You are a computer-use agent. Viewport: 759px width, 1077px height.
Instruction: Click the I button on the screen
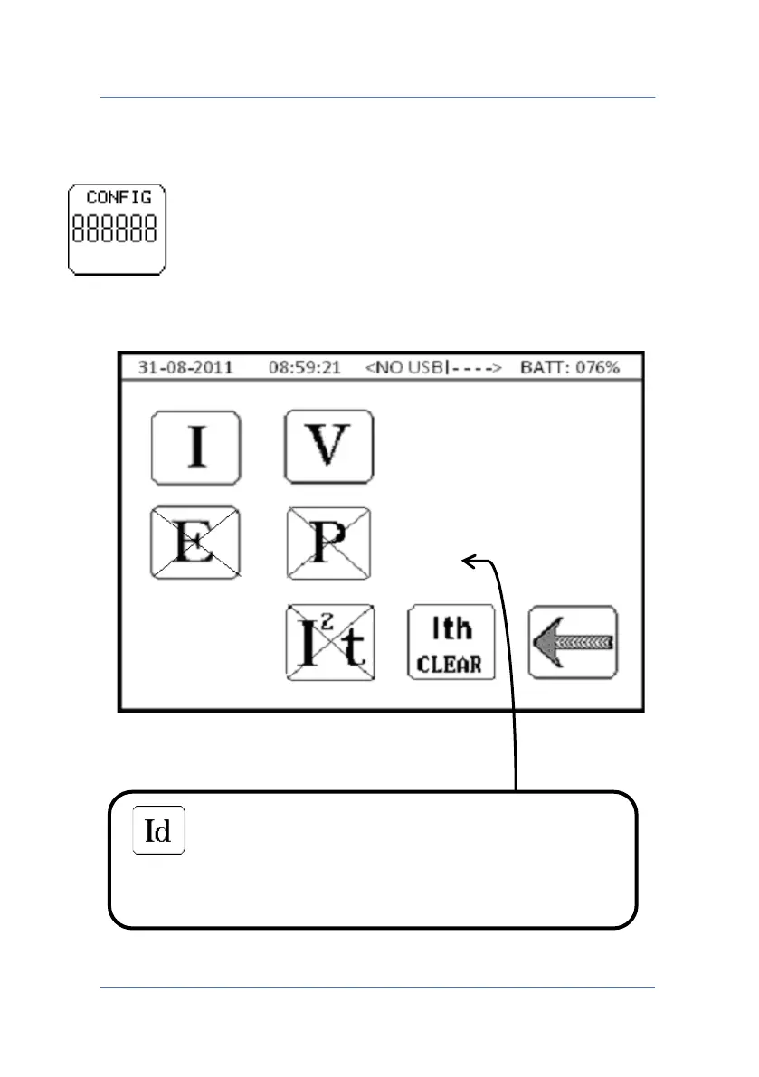click(195, 447)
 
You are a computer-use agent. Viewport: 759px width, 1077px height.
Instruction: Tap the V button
click(329, 447)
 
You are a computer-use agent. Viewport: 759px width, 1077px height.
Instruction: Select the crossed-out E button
click(195, 543)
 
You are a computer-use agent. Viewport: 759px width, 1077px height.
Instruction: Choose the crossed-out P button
click(329, 543)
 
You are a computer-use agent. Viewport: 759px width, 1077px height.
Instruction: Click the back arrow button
click(574, 642)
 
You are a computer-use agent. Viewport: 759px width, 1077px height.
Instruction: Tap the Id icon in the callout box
click(159, 830)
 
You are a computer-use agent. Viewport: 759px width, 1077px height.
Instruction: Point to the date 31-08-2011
click(185, 367)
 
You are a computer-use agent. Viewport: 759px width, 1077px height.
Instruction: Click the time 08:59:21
click(303, 367)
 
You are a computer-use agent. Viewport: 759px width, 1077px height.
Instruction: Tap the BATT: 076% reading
click(570, 367)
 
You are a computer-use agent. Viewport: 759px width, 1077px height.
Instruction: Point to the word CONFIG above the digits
click(119, 197)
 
